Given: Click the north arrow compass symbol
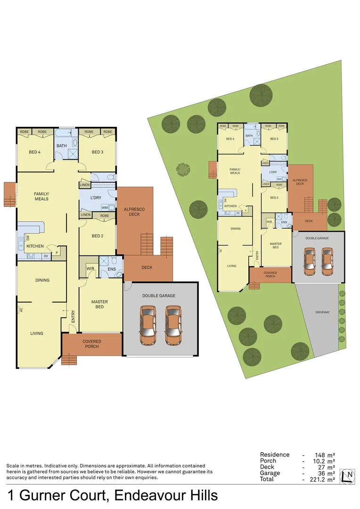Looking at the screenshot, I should (x=348, y=476).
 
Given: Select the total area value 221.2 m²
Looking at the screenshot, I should (x=323, y=479).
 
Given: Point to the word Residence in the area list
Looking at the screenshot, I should (x=274, y=455).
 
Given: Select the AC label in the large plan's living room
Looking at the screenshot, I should (x=21, y=310).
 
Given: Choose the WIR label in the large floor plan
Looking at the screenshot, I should (x=90, y=269).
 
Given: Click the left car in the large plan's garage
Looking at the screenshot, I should (x=148, y=325).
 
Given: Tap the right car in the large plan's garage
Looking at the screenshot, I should (x=173, y=325).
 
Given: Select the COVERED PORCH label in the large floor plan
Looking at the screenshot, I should (x=91, y=344).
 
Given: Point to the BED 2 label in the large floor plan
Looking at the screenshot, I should (x=98, y=236).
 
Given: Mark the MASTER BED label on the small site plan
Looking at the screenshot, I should (x=276, y=246).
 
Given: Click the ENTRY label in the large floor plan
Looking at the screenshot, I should (x=74, y=317).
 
